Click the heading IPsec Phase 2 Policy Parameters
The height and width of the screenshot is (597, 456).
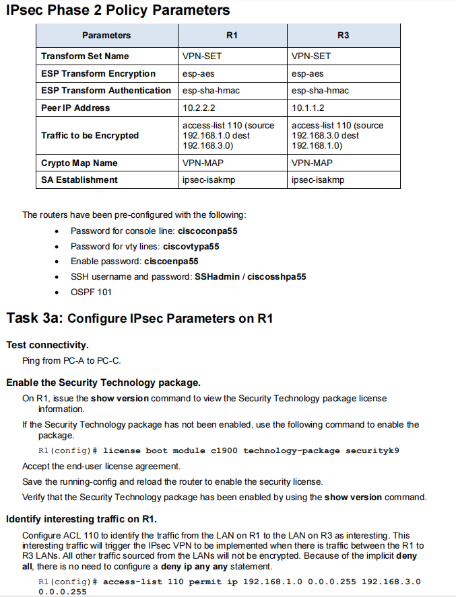click(118, 11)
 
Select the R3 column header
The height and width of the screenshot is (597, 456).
click(343, 35)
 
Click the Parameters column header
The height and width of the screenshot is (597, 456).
click(106, 35)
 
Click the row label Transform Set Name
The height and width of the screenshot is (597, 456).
click(85, 56)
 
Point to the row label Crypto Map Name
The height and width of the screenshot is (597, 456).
click(79, 163)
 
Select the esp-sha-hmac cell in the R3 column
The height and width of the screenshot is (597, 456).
click(320, 91)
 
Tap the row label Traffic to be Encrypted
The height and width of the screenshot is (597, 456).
click(90, 135)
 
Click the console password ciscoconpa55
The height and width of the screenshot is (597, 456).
click(207, 231)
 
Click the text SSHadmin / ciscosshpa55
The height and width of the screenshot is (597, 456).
click(251, 276)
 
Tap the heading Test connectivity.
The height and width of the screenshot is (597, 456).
click(48, 345)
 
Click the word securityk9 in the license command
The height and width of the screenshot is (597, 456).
click(372, 450)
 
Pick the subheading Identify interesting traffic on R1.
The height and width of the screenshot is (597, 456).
click(82, 519)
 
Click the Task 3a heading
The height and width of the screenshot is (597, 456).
click(139, 318)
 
